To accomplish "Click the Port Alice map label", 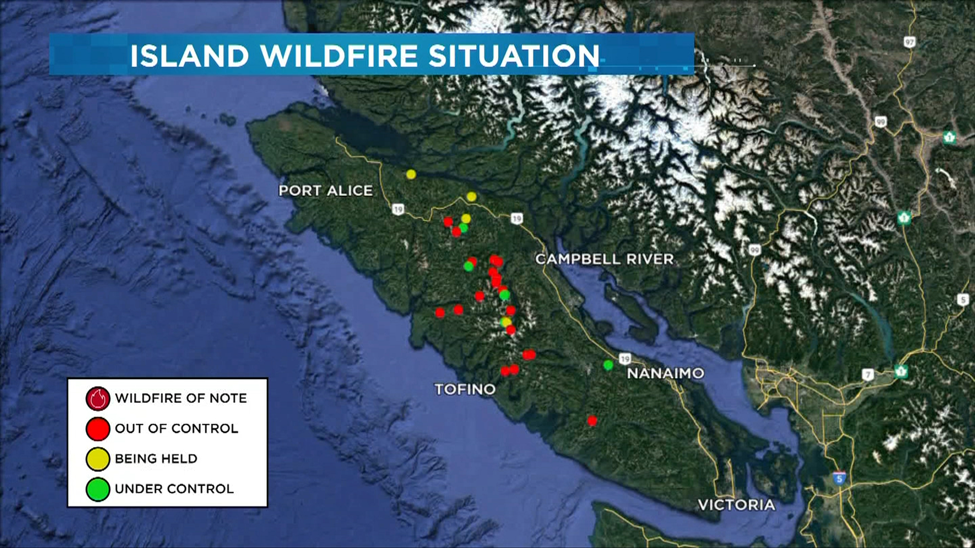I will pos(326,191).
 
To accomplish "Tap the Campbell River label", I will pos(604,259).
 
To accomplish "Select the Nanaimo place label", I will pos(665,373).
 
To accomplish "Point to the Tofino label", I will pos(465,389).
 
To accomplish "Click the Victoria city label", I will pos(736,505).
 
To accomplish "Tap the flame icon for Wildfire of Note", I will pos(97,398).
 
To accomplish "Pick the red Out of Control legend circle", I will pos(97,429).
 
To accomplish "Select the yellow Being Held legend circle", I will pos(97,459).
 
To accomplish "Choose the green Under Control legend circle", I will pos(97,489).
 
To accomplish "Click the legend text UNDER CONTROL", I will pos(174,489).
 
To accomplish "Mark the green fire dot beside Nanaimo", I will pos(608,365).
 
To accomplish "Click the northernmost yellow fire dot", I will pos(411,175).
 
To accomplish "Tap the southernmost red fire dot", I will pos(592,421).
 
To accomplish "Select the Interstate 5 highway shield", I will pos(839,478).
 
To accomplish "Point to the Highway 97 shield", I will pos(909,42).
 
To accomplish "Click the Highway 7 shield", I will pos(868,375).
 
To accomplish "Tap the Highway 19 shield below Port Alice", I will pos(398,209).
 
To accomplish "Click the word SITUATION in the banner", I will pos(514,56).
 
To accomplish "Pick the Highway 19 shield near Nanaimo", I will pos(625,359).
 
